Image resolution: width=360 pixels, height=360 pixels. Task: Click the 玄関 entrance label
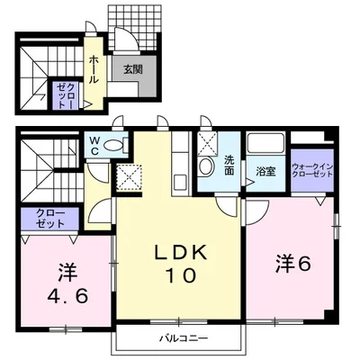point(132,67)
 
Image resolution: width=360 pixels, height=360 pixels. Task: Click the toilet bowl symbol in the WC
point(113,145)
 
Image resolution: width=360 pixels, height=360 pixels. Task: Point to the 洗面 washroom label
point(229,165)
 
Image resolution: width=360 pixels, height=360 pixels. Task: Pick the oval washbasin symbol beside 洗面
point(206,166)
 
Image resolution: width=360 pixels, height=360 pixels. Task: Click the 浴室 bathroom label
point(265,171)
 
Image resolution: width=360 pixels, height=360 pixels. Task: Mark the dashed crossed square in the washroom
point(207,142)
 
